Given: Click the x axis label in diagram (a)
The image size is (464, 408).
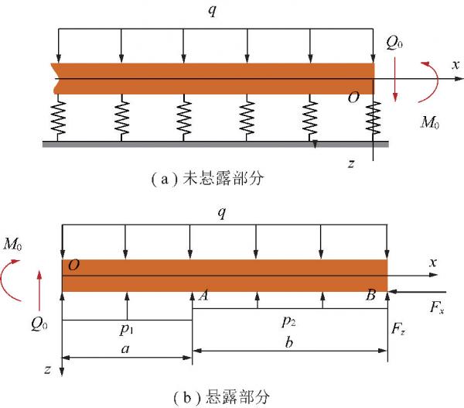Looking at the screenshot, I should tap(455, 66).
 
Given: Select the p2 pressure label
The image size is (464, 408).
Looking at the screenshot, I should tap(289, 320).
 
